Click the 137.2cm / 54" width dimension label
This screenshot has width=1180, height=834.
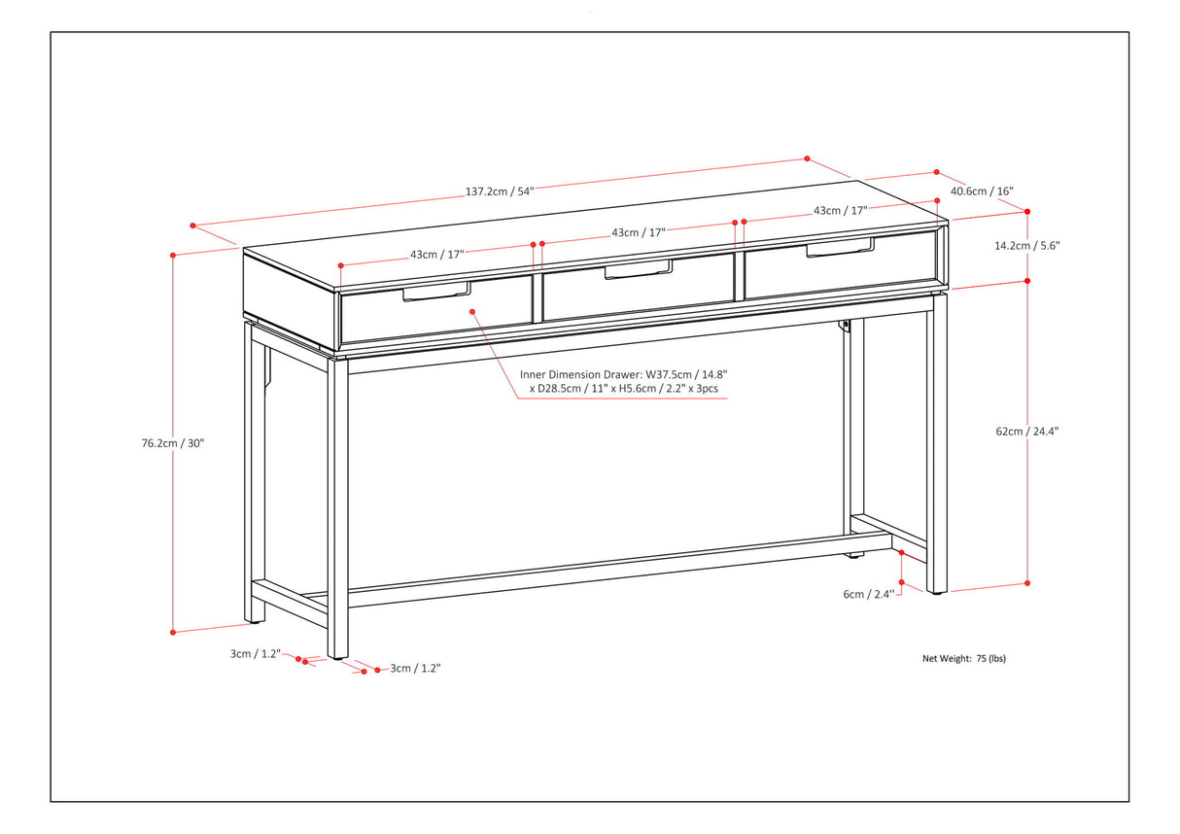(500, 191)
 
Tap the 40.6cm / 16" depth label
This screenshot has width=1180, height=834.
(982, 191)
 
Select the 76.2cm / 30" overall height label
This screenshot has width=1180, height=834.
(173, 443)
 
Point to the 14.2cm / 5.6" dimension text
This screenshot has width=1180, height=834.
(1026, 246)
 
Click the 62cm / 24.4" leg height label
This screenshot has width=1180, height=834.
(1026, 431)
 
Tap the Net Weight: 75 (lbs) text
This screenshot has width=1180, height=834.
(964, 658)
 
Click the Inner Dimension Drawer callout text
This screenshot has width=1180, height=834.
(623, 381)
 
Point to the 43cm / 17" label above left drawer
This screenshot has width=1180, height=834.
(436, 254)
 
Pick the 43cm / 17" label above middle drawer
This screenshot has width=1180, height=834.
(639, 232)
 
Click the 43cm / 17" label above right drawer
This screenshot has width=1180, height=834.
(840, 210)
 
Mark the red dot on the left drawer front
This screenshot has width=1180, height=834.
(472, 312)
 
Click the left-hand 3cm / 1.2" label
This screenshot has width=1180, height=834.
(255, 654)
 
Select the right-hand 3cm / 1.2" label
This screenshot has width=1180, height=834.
(415, 668)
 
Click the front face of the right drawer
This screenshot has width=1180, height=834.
(840, 271)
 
